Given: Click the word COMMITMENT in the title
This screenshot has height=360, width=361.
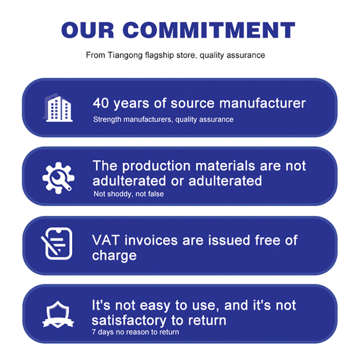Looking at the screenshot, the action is (209, 30).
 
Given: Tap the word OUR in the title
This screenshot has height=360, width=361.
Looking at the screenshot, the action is (88, 30).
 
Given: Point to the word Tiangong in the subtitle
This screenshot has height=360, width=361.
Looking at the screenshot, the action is (125, 55).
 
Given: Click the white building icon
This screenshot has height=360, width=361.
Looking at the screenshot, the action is (58, 108).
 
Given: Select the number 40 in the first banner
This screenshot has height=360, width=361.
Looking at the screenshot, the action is (101, 103).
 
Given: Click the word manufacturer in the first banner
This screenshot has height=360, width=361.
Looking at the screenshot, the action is (263, 103).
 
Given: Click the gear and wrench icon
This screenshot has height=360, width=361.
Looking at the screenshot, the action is (58, 178).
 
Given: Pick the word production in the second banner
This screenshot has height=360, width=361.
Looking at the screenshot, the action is (156, 166).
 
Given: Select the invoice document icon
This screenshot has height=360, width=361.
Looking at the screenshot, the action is (56, 244).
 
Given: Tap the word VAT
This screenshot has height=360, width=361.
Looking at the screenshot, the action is (106, 240).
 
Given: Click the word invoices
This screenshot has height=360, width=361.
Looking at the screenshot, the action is (151, 240).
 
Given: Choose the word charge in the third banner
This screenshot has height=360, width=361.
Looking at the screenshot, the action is (114, 256).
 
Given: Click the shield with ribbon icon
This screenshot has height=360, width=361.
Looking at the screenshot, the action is (58, 314).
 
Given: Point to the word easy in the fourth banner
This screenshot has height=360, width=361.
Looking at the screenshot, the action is (155, 306).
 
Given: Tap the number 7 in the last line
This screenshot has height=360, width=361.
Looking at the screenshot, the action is (94, 332).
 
